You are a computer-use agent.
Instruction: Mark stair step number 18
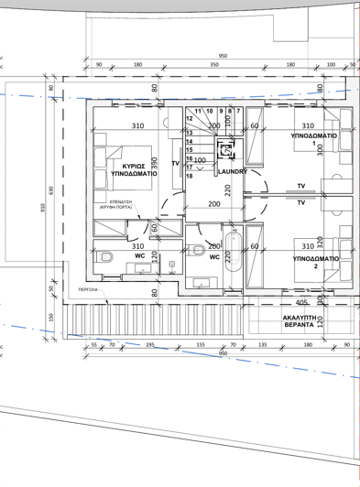click(190, 175)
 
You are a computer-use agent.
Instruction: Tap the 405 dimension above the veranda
click(301, 301)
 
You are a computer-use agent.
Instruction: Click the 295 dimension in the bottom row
click(150, 346)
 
